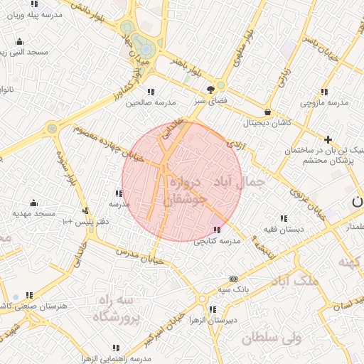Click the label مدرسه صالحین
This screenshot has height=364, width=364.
[x=149, y=102]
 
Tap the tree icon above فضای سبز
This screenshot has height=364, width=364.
[x=210, y=90]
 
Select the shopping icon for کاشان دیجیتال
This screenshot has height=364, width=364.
[x=267, y=112]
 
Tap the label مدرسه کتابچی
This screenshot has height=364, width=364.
[x=218, y=241]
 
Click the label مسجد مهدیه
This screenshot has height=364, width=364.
[x=33, y=213]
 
